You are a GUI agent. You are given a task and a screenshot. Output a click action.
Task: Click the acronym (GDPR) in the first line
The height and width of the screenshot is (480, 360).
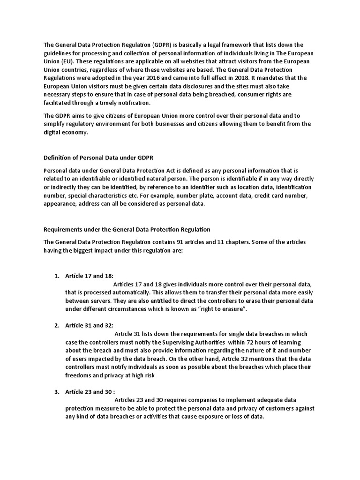point(165,45)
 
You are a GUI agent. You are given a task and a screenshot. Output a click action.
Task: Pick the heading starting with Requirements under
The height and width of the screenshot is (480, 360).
point(127,230)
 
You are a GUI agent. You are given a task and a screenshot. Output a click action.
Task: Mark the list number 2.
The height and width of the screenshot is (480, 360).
point(56,325)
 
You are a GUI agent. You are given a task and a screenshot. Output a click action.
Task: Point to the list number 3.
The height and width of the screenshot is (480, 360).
point(56,392)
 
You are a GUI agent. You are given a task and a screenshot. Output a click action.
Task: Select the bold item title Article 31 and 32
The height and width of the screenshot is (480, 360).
point(89,325)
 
